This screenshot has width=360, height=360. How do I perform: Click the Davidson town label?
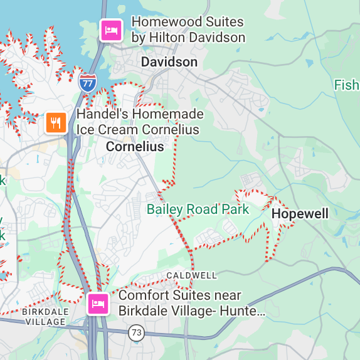click(169, 62)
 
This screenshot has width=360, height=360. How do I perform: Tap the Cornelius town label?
click(135, 147)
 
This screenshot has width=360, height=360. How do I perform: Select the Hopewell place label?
click(300, 214)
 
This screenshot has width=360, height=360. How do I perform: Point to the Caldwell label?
click(192, 275)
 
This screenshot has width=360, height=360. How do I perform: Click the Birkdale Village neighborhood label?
click(44, 317)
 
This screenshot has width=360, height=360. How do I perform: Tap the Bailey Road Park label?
click(198, 209)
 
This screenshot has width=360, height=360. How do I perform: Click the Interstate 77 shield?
click(88, 82)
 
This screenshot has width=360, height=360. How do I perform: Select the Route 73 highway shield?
click(135, 332)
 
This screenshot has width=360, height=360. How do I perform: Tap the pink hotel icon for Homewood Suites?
click(112, 29)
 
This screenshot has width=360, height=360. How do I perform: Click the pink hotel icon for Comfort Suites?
click(98, 304)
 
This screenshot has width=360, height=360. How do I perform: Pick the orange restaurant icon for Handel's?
click(56, 122)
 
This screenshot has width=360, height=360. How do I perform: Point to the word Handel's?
click(100, 115)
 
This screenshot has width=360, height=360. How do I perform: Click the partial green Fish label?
click(346, 85)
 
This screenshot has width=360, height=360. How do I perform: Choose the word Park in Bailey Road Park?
click(237, 209)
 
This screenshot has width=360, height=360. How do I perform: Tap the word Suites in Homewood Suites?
click(223, 22)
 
